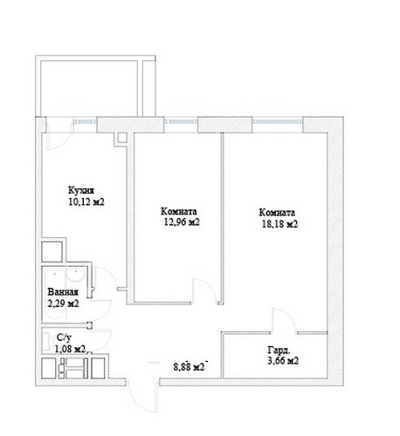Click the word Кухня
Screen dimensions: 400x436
[x=81, y=191]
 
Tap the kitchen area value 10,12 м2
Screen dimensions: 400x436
[x=86, y=201]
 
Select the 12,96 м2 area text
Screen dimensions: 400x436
[x=182, y=222]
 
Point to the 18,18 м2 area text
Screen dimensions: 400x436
[x=280, y=224]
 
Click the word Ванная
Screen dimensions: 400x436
[x=63, y=292]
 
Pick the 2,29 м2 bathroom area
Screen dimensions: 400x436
[x=63, y=303]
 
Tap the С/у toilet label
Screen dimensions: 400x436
[x=64, y=337]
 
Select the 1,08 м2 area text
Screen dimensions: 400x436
[x=70, y=349]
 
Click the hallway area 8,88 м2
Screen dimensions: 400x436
[x=189, y=367]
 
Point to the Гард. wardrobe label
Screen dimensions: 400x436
[x=279, y=350]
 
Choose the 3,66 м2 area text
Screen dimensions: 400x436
[x=283, y=361]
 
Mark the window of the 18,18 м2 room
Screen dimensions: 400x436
[x=278, y=121]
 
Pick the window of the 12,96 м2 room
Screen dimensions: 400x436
[x=181, y=121]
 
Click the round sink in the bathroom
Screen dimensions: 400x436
[x=76, y=275]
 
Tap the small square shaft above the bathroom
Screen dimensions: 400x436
[x=52, y=252]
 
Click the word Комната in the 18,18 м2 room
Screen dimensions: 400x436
[x=277, y=213]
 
